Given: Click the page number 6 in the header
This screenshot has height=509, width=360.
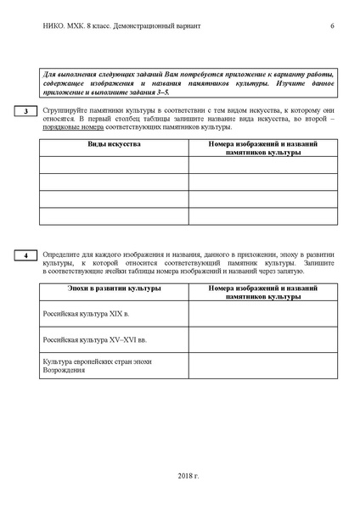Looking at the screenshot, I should click(332, 26).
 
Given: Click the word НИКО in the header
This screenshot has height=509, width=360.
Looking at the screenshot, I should click(53, 26).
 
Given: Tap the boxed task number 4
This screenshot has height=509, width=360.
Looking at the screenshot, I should click(25, 255).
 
